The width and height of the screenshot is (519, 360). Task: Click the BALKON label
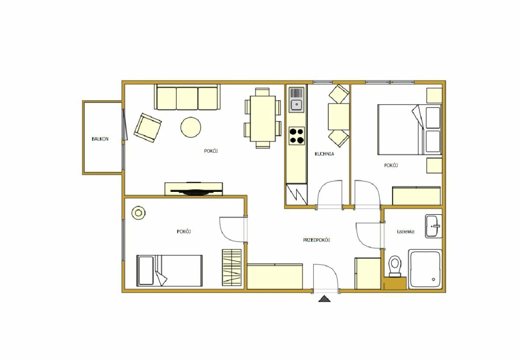click(x=100, y=139)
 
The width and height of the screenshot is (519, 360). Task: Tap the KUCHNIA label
click(x=324, y=154)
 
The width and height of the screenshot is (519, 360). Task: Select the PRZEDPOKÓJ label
click(x=317, y=240)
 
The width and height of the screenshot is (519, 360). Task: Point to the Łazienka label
click(x=406, y=232)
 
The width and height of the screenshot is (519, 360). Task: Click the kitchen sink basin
click(x=297, y=105)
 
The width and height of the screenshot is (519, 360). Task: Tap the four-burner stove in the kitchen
click(x=297, y=136)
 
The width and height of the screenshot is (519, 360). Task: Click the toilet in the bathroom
click(x=395, y=266)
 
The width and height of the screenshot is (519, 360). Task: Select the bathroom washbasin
click(x=433, y=226)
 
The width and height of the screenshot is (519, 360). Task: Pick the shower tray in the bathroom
click(x=425, y=269)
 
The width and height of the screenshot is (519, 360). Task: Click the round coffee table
click(x=191, y=127)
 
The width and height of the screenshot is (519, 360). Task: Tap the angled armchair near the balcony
click(x=147, y=127)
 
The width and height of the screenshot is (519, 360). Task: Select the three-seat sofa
click(x=187, y=97)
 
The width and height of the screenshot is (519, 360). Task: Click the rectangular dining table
click(x=263, y=118)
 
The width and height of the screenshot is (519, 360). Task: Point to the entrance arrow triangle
click(x=324, y=299)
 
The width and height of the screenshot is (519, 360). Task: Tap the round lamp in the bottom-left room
click(x=138, y=213)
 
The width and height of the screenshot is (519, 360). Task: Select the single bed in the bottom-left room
click(x=170, y=271)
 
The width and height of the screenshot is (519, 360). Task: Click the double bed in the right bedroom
click(x=410, y=129)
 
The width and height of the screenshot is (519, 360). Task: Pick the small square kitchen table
click(x=339, y=117)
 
